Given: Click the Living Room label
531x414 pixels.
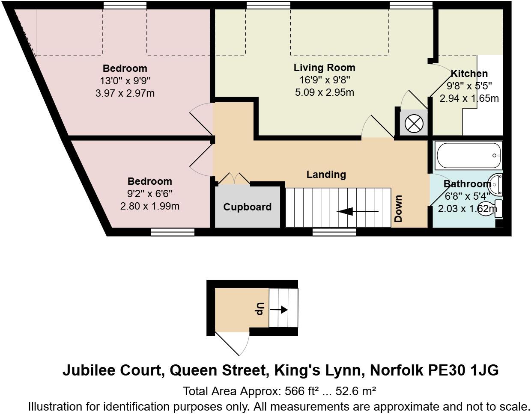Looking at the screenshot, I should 324,68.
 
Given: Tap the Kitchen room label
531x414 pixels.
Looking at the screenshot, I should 469,74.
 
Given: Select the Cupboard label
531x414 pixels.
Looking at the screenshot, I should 247,207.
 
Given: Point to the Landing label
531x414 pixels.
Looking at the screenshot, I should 326,174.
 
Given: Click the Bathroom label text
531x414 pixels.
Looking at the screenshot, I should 467,184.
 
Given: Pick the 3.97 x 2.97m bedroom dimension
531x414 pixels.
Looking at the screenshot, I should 125,93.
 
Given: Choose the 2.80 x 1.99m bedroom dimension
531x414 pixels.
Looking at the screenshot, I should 149,206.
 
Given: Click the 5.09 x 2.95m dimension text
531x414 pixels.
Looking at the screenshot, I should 324,92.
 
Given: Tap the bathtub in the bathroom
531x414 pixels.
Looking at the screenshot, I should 468,155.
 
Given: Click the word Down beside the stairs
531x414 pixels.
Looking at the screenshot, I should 398,208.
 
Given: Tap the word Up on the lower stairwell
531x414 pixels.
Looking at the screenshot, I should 260,308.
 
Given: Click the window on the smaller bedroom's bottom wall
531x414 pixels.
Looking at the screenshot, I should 173,232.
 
